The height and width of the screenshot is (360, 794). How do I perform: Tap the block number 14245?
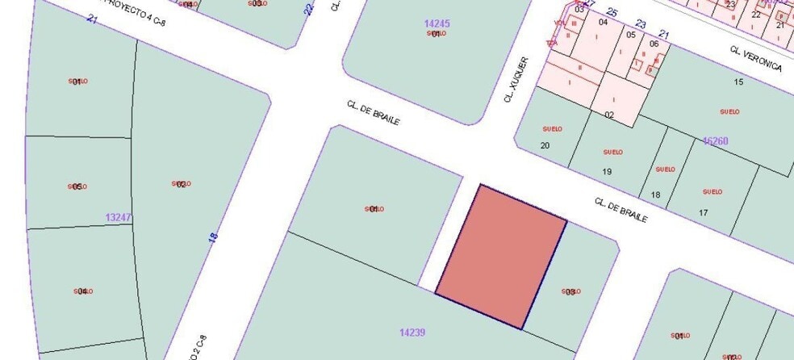[436, 24]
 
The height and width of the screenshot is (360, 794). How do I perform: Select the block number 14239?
[412, 332]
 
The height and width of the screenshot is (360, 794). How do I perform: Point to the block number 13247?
[118, 217]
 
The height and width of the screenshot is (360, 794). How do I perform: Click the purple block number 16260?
[715, 141]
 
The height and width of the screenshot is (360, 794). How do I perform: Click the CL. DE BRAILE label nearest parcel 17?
[621, 210]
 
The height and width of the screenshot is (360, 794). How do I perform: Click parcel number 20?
[545, 145]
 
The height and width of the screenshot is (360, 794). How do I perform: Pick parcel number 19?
[607, 171]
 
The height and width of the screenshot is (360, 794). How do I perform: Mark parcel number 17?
[703, 212]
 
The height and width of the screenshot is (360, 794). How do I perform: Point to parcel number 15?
[738, 82]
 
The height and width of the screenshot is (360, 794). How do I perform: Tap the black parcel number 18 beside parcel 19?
[655, 195]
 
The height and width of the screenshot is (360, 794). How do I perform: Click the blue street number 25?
[612, 12]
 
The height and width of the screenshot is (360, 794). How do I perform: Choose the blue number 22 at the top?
[308, 10]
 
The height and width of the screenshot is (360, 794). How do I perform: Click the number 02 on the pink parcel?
[609, 115]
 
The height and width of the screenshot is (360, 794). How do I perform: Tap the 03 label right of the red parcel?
[570, 291]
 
